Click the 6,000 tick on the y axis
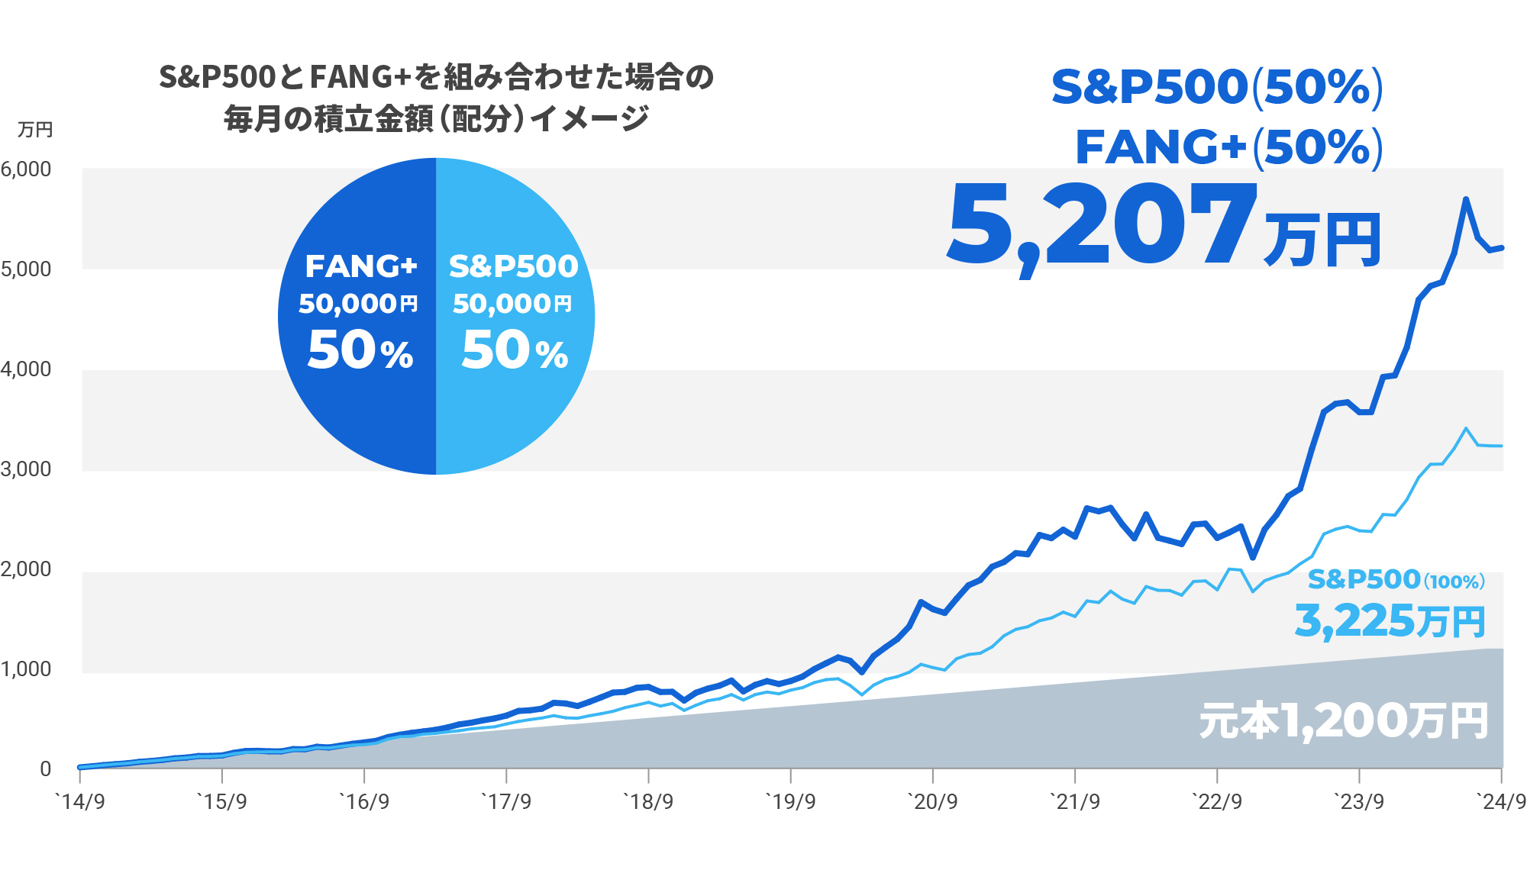(x=26, y=169)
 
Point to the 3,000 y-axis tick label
(x=26, y=469)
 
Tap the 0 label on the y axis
(x=45, y=768)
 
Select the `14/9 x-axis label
(x=80, y=802)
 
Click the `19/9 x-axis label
(x=790, y=802)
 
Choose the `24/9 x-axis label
(x=1501, y=802)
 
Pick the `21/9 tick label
(x=1075, y=802)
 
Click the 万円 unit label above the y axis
(x=35, y=130)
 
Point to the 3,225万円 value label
(x=1390, y=620)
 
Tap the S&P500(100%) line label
(x=1396, y=580)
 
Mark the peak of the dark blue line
(x=1466, y=199)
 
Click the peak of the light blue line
(x=1466, y=429)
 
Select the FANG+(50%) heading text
(x=1229, y=147)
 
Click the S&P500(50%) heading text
(x=1217, y=87)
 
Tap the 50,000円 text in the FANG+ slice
(x=358, y=304)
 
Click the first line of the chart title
(x=436, y=77)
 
